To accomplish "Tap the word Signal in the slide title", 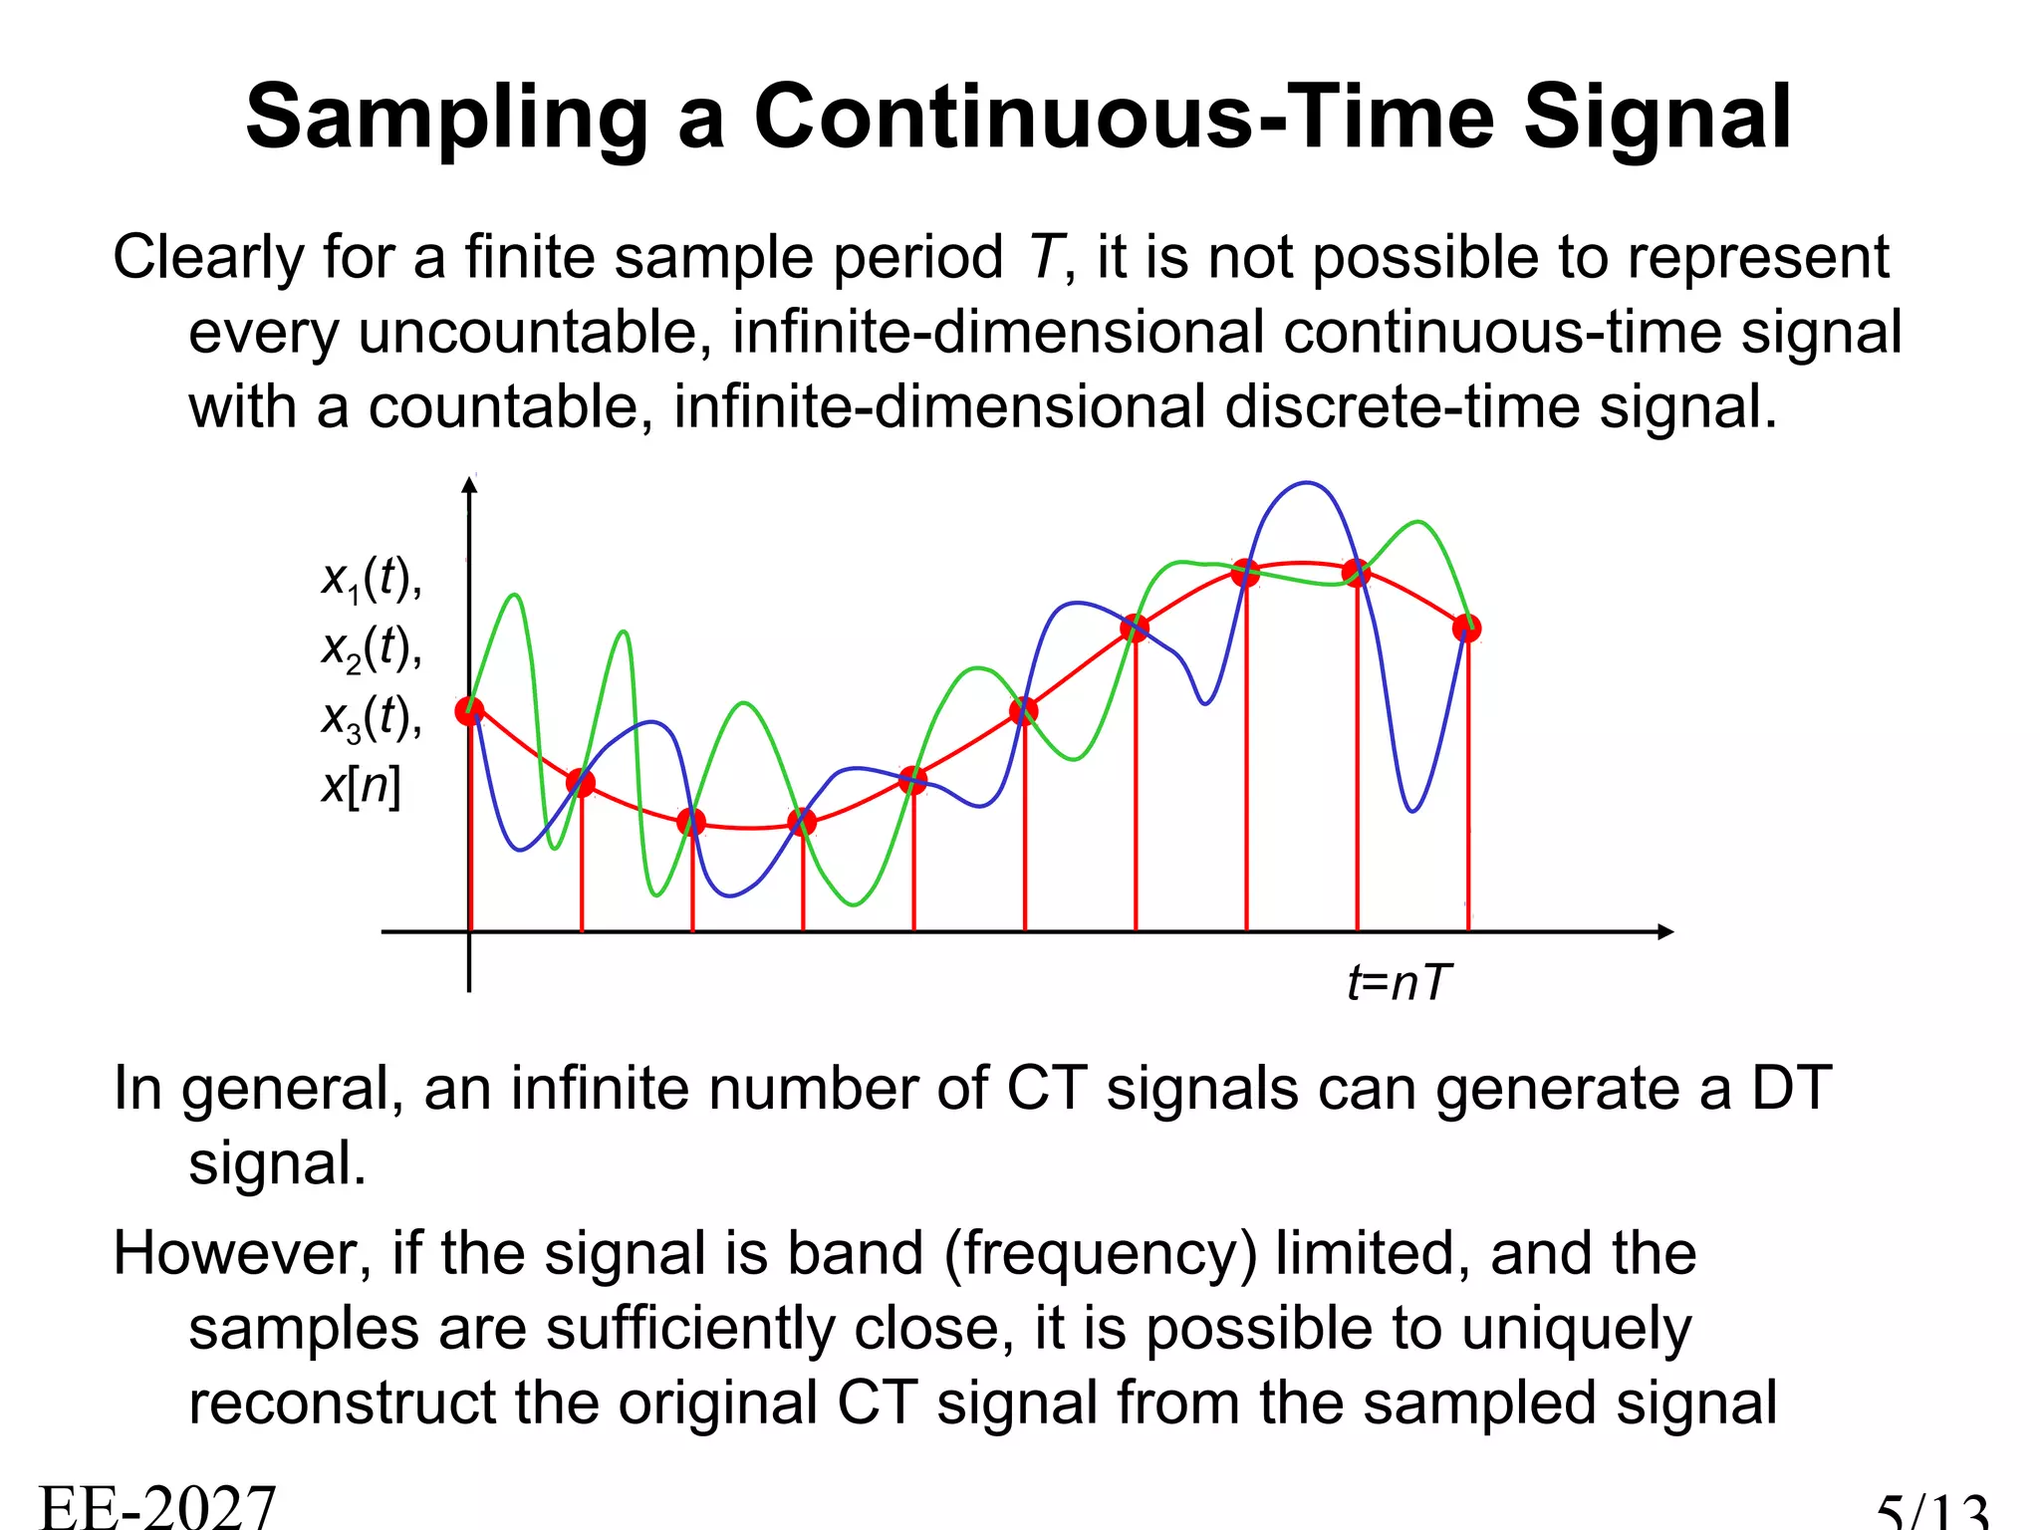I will (x=1657, y=120).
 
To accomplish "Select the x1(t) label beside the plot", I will (x=371, y=579).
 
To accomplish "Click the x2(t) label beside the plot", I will (x=371, y=648).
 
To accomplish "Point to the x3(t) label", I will (x=371, y=718).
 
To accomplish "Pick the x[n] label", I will (x=361, y=786).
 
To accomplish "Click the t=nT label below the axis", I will (x=1399, y=983).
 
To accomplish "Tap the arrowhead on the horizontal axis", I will (x=1665, y=931).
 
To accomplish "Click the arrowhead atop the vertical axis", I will (x=469, y=484).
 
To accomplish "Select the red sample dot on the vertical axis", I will (x=469, y=711).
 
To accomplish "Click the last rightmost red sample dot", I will (x=1466, y=628).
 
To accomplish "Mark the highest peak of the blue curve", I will (x=1306, y=484).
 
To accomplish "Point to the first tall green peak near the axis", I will (x=515, y=596).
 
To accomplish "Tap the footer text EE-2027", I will (x=157, y=1506).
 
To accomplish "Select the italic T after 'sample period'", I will (x=1046, y=257).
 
